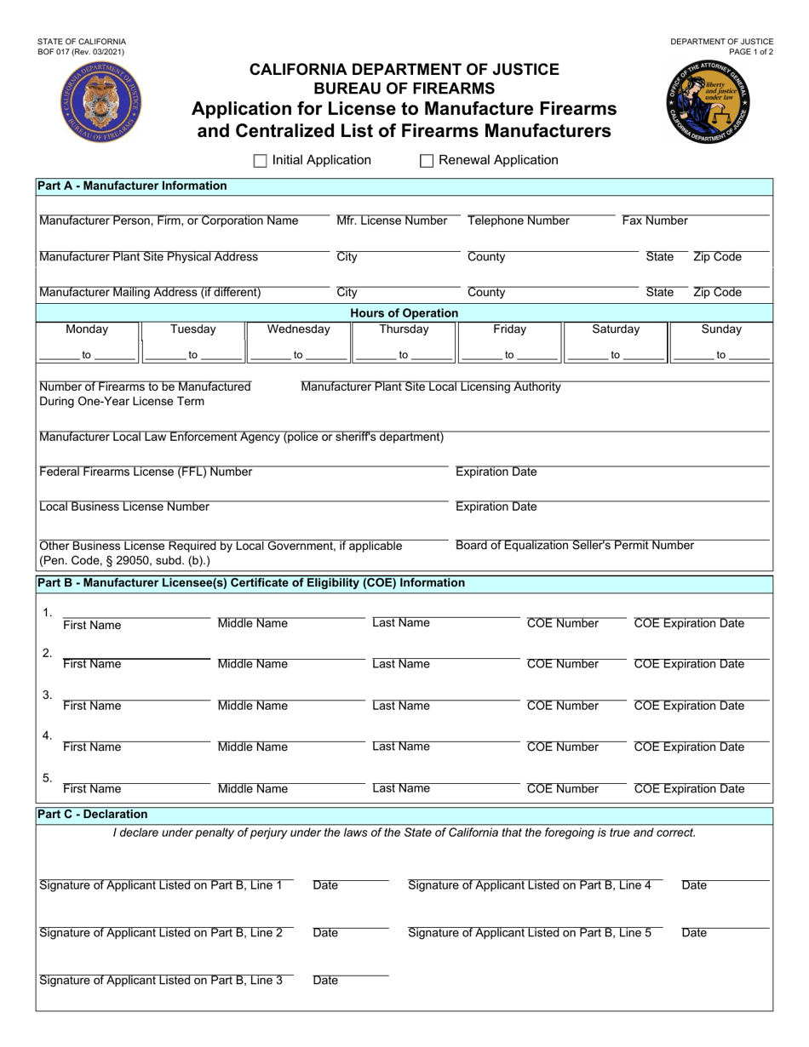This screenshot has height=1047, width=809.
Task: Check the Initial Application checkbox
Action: click(x=261, y=161)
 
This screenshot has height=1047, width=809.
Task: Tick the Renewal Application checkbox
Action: click(x=427, y=161)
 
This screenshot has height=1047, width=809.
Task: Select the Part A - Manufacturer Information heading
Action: click(x=132, y=186)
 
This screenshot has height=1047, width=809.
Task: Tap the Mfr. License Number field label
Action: click(x=392, y=221)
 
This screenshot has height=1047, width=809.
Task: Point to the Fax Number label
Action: click(x=655, y=221)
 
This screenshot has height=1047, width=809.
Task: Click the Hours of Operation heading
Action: click(x=404, y=313)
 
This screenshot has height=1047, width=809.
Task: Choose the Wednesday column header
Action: click(x=298, y=329)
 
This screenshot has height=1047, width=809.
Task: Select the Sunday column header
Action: click(x=721, y=329)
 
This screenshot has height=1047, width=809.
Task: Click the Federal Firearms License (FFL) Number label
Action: click(x=146, y=472)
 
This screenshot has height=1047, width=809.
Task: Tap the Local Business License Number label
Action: click(x=124, y=507)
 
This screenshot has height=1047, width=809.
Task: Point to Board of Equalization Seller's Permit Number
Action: click(x=575, y=546)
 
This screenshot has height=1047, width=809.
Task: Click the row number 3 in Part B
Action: click(x=48, y=695)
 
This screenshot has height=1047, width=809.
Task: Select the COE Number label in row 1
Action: click(x=563, y=624)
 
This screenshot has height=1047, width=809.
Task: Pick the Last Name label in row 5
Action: click(x=401, y=789)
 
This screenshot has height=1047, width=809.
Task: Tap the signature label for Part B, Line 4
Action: click(x=530, y=885)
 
